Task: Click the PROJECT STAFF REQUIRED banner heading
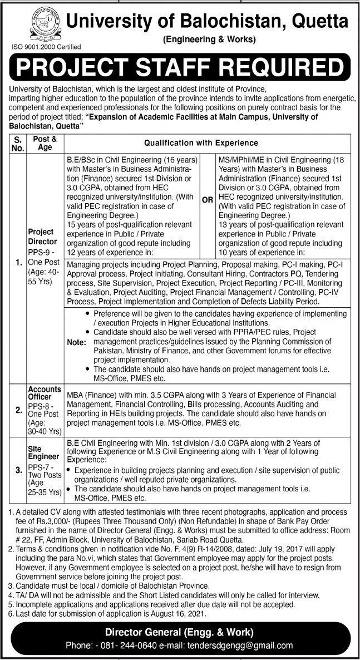coord(180,68)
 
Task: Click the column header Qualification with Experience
coord(204,142)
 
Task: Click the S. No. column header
coord(17,143)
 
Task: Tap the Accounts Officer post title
coord(43,393)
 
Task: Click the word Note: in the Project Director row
coord(76,342)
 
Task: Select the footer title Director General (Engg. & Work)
coord(180,632)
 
